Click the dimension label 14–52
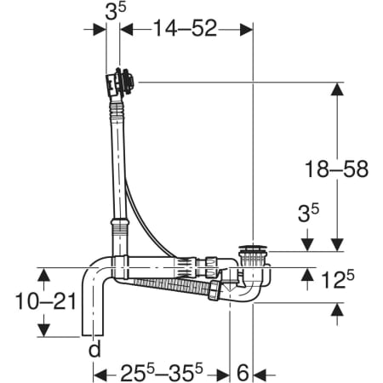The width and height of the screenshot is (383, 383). (186, 28)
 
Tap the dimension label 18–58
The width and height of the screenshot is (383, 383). (336, 169)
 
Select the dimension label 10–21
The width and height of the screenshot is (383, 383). (46, 301)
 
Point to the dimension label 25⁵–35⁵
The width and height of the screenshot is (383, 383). (162, 372)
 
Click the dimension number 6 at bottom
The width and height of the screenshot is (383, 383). (243, 373)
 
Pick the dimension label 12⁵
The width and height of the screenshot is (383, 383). (338, 279)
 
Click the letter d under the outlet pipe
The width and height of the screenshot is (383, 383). (94, 349)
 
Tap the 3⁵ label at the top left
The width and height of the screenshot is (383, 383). (116, 11)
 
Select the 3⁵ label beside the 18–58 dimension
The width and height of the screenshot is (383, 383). (308, 212)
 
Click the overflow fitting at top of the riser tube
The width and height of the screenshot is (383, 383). (120, 83)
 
